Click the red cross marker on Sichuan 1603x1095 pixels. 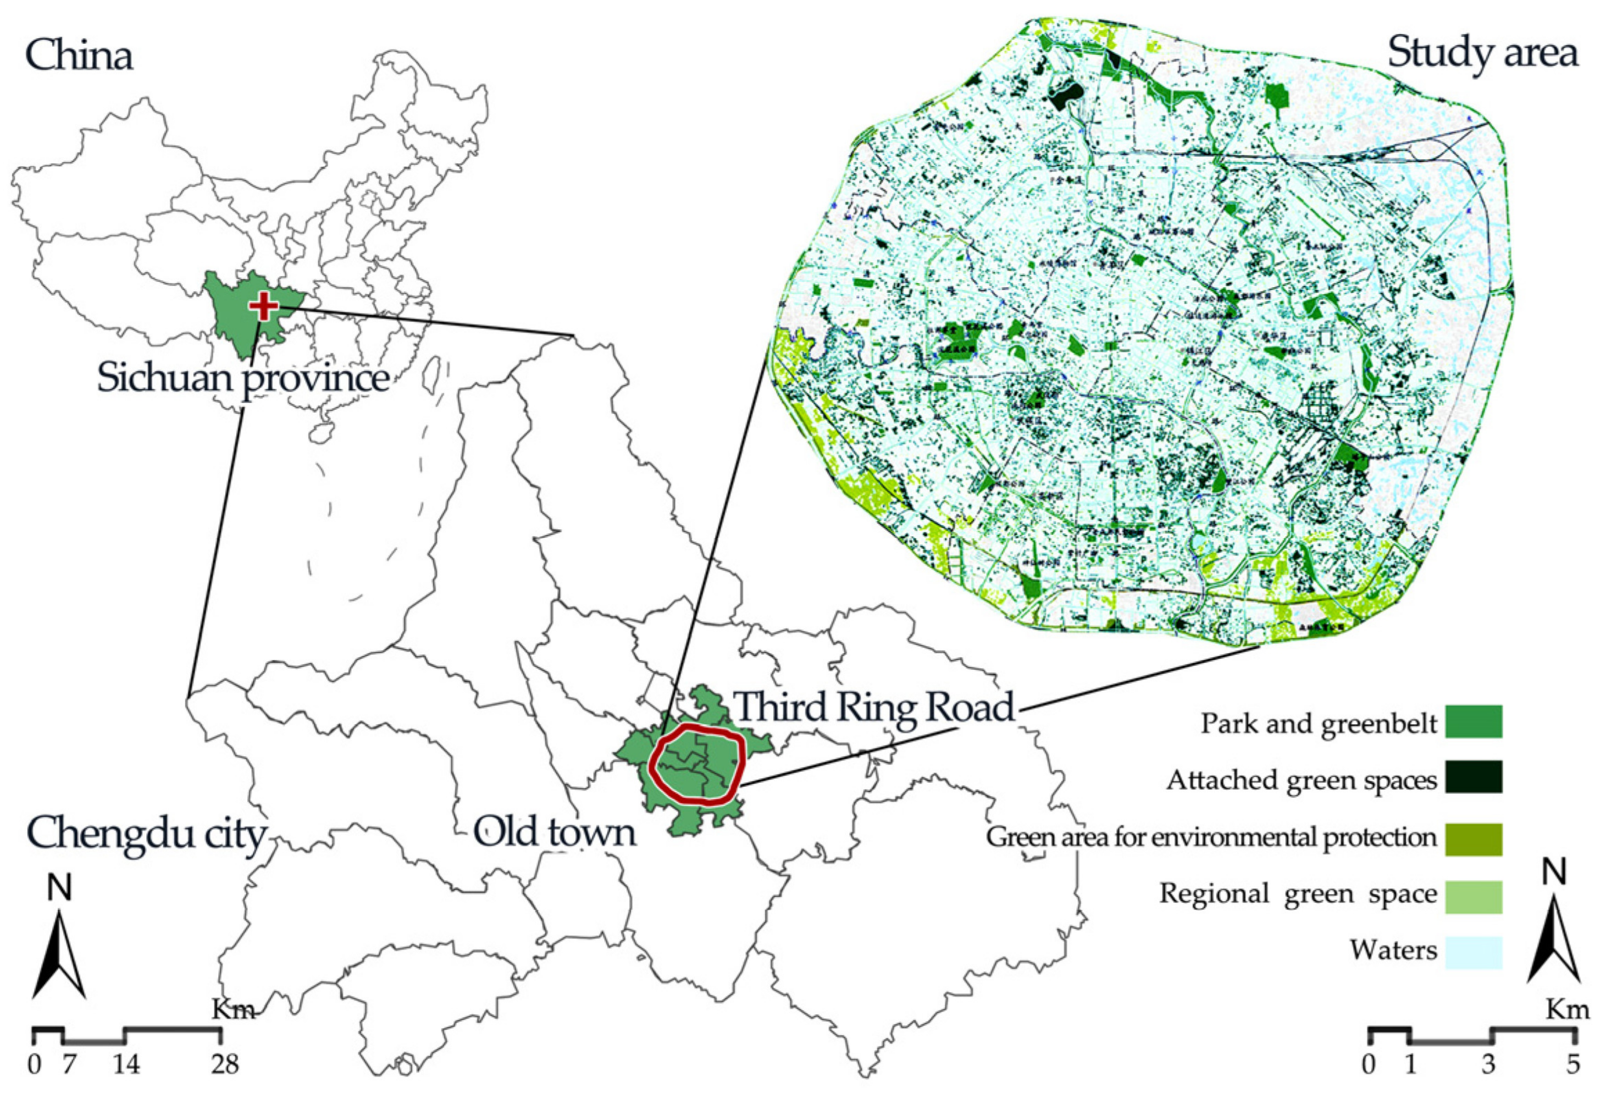pyautogui.click(x=263, y=306)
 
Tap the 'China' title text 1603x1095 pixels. pyautogui.click(x=79, y=56)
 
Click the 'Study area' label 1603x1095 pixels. pyautogui.click(x=1482, y=53)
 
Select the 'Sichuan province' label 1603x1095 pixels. pyautogui.click(x=243, y=378)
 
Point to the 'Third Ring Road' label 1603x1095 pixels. pyautogui.click(x=875, y=707)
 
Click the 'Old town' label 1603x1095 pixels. pyautogui.click(x=554, y=832)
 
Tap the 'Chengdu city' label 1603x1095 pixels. pyautogui.click(x=146, y=834)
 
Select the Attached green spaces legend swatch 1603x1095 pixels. pyautogui.click(x=1474, y=777)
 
